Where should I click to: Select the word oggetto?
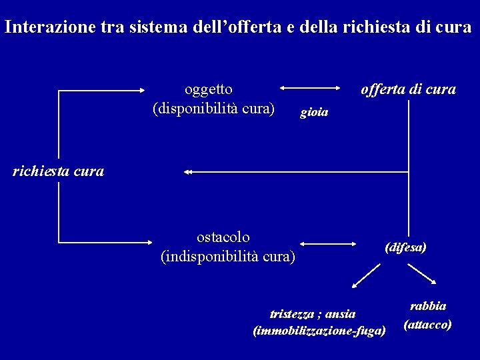209,89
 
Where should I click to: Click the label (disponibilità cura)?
213,107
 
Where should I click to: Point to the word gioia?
314,113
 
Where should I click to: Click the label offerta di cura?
408,89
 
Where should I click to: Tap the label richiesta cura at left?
59,171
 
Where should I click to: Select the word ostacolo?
223,237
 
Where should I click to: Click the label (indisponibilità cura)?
228,255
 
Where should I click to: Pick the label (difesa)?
405,247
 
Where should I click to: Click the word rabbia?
428,306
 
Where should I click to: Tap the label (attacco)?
427,325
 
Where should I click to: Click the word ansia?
340,314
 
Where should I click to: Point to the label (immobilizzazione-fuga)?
319,331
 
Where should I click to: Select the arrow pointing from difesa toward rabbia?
422,275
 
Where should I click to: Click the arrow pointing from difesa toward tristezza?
366,276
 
